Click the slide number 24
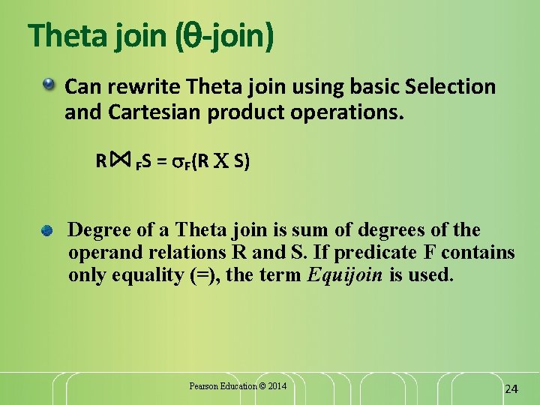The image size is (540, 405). click(511, 388)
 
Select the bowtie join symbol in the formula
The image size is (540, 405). click(121, 160)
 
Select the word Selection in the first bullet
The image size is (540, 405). click(450, 87)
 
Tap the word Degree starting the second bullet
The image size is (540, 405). click(99, 229)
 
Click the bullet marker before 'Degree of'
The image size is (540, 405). click(47, 229)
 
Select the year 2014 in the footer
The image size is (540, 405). click(276, 386)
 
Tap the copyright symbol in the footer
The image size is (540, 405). click(262, 386)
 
